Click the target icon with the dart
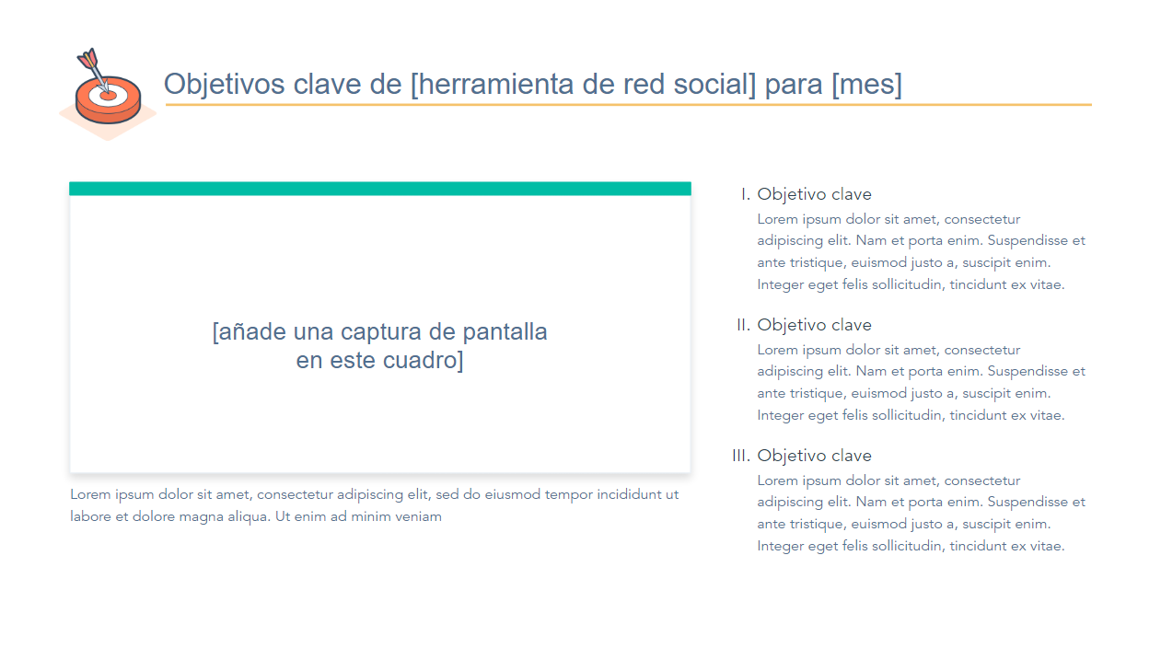pyautogui.click(x=108, y=93)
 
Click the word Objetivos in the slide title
pyautogui.click(x=224, y=84)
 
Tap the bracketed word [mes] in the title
pyautogui.click(x=866, y=84)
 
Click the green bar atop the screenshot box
pyautogui.click(x=380, y=189)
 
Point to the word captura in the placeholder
pyautogui.click(x=380, y=331)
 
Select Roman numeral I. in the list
pyautogui.click(x=746, y=194)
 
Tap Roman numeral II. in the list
pyautogui.click(x=743, y=325)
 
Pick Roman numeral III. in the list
pyautogui.click(x=741, y=456)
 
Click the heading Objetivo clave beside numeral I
pyautogui.click(x=814, y=194)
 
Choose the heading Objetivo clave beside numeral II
pyautogui.click(x=814, y=325)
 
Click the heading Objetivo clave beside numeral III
pyautogui.click(x=814, y=456)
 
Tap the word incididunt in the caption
pyautogui.click(x=629, y=494)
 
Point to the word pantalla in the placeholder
pyautogui.click(x=505, y=331)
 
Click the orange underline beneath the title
pyautogui.click(x=628, y=105)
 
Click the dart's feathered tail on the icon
pyautogui.click(x=87, y=58)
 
